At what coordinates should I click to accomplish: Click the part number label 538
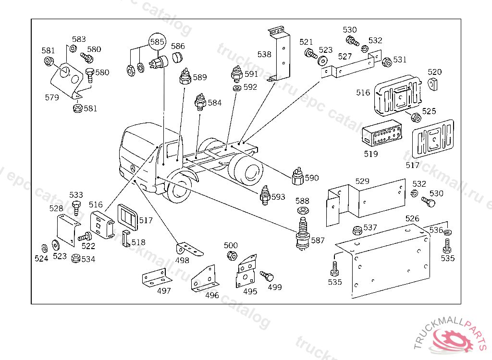pos(264,55)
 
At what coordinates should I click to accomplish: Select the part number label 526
pos(412,219)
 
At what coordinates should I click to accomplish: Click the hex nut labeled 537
pos(357,230)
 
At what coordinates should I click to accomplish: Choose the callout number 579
pos(52,97)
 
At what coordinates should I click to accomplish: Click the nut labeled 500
pos(231,255)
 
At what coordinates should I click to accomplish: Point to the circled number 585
pos(156,42)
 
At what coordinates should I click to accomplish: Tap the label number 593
pos(278,197)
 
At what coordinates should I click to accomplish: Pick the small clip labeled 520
pos(433,84)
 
